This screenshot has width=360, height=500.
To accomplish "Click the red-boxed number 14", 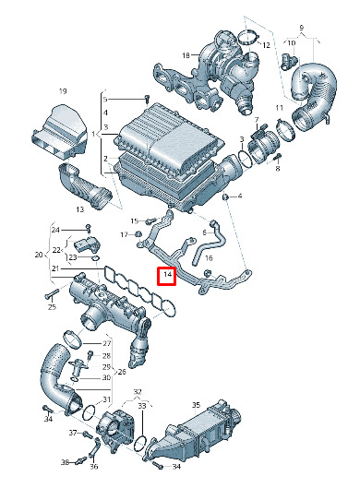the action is coord(168,274).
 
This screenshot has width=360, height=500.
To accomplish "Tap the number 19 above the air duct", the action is coord(63,91).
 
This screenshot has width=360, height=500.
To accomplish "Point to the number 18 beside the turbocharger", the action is coord(186,55).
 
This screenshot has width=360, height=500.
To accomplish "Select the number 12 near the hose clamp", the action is coord(266,45).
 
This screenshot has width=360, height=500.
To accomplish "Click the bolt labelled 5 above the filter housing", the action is coord(147,99).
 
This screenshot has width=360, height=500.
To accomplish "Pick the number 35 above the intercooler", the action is coord(196,405).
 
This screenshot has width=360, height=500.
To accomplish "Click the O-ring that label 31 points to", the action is coord(89,413).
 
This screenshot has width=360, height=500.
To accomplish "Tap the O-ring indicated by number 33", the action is coord(141,443).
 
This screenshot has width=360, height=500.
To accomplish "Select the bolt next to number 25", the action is coord(52,293).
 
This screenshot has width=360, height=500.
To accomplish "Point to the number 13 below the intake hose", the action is coord(79,209).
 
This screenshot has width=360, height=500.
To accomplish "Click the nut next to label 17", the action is coord(138,234).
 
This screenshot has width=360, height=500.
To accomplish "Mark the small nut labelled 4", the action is coord(225,197).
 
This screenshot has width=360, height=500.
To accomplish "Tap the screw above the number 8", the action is coord(278,156).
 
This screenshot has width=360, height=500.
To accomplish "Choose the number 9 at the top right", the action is coord(302,28).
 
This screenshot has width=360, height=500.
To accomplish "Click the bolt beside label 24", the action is coord(89,229).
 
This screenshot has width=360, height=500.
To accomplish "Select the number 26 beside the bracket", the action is coord(122,372).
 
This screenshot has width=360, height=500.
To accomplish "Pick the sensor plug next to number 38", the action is coord(82,460).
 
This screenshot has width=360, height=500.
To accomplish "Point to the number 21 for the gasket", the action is coord(55,268).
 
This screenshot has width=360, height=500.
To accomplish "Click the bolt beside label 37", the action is coord(87,435).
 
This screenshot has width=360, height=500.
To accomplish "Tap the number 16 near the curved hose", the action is coord(209,258).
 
